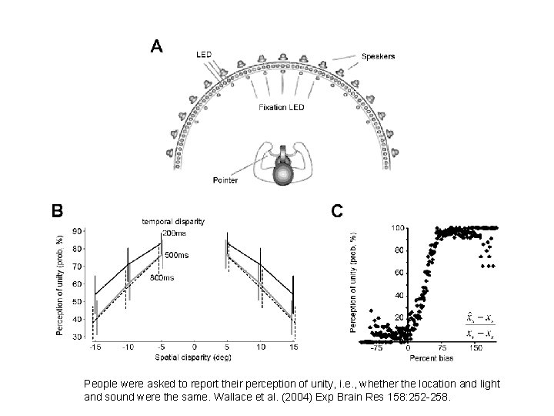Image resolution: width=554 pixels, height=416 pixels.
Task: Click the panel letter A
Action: click(x=156, y=47)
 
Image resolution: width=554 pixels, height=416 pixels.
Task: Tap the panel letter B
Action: click(x=56, y=210)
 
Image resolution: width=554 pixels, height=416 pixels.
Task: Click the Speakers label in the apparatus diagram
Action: click(x=380, y=56)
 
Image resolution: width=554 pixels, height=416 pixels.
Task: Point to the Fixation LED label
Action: click(x=281, y=107)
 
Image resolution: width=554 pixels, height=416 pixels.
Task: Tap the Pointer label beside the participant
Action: click(x=225, y=180)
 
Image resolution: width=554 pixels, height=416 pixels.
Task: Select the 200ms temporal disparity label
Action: click(x=173, y=233)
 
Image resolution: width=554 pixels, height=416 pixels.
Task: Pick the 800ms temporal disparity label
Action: click(x=162, y=277)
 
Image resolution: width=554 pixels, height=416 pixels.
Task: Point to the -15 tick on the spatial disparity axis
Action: click(x=95, y=347)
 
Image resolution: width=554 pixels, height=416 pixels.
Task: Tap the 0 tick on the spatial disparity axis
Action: click(x=194, y=347)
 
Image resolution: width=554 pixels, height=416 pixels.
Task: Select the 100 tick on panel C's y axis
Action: click(x=398, y=228)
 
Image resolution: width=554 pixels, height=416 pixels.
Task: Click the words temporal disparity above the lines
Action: click(x=174, y=222)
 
